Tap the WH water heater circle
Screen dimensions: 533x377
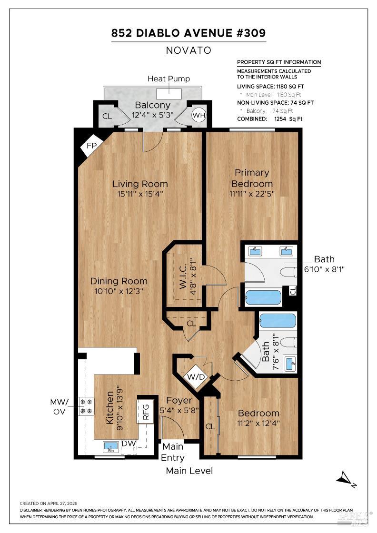[198, 115]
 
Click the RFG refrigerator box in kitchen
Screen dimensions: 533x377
[146, 413]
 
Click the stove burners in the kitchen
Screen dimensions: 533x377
[87, 406]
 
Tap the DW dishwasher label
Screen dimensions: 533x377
[129, 444]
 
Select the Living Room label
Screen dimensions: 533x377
[140, 184]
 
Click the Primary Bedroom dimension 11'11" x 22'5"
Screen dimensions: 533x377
[252, 193]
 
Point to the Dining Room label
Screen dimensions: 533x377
[119, 281]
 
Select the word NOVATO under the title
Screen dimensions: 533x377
[188, 50]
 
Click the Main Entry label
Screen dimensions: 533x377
[173, 452]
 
